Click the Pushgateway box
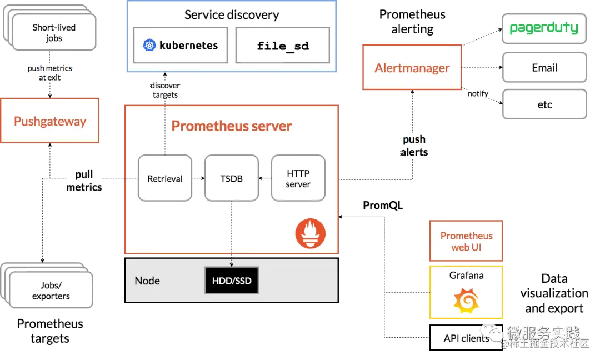(50, 121)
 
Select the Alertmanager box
(412, 67)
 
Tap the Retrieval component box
(165, 178)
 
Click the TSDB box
(232, 178)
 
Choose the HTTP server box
(298, 178)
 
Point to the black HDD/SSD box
(232, 281)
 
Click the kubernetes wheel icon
(149, 45)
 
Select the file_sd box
(283, 45)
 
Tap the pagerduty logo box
(544, 29)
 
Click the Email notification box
(544, 67)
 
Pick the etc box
(544, 104)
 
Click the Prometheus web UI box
(466, 241)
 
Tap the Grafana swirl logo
(466, 301)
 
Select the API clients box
(466, 337)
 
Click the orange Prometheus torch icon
(311, 233)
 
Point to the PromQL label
(383, 206)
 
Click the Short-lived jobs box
(54, 33)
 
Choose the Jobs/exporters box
(51, 291)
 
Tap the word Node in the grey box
(147, 281)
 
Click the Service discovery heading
(232, 15)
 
